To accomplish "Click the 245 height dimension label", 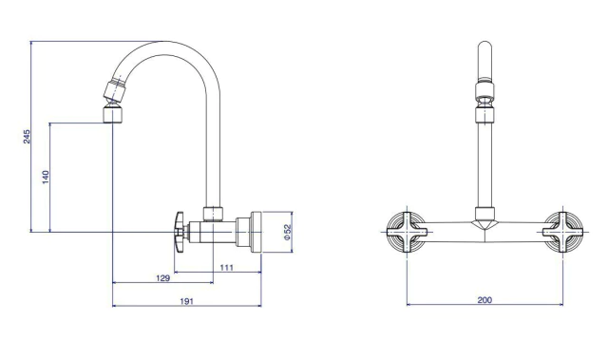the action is point(27,137).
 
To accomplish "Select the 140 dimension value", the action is point(46,177).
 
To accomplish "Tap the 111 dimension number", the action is point(226,267).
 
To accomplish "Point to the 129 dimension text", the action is point(162,278).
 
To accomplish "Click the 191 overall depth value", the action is point(186,301).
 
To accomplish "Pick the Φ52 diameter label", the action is point(287,232).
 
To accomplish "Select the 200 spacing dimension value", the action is point(484,299).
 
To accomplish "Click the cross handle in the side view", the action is point(180,232).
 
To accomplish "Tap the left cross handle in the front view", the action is point(408,232).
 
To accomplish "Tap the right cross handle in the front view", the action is point(562,232).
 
